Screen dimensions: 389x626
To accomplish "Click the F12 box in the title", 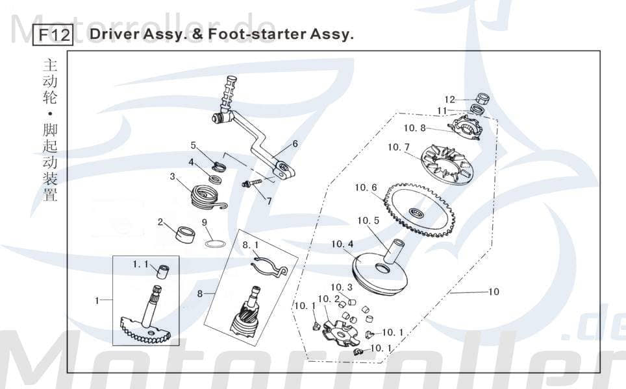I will tap(53, 34).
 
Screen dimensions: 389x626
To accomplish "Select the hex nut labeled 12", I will tap(482, 99).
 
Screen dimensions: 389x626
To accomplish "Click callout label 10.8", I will tap(414, 128).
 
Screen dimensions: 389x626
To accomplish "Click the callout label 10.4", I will tap(342, 244).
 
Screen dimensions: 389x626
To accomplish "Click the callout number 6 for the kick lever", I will tap(295, 144).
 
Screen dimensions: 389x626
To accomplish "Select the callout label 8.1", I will tap(250, 246).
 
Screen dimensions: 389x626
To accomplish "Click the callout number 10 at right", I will tap(494, 292).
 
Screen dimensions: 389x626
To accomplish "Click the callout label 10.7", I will tap(398, 148).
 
